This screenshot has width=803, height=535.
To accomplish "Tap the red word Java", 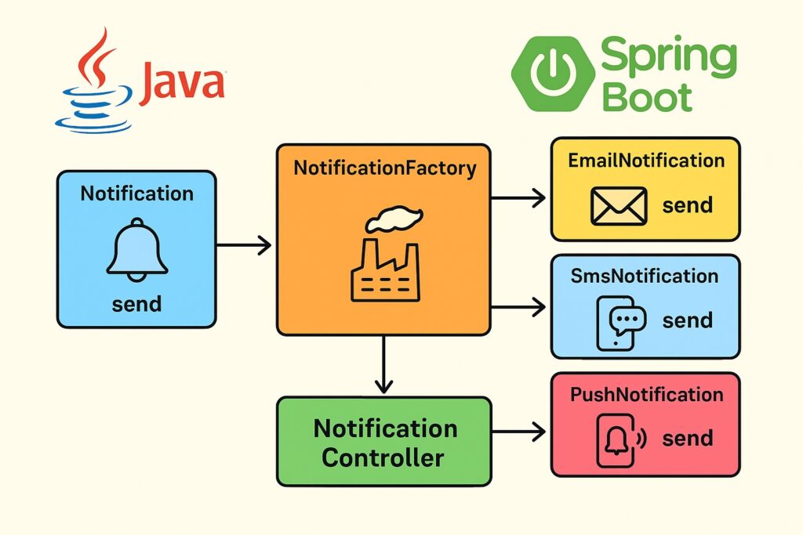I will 182,84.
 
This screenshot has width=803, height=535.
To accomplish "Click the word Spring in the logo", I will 668,58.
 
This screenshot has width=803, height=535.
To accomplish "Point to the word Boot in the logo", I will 647,98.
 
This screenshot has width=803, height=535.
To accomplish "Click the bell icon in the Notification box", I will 136,249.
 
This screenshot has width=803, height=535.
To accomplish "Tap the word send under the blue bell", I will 136,303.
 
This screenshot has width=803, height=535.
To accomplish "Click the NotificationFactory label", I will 384,168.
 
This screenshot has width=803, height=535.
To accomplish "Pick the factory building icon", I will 384,270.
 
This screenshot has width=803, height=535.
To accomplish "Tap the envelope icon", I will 618,206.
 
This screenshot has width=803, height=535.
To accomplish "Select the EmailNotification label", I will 646,161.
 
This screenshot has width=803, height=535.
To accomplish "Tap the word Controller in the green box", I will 383,457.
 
